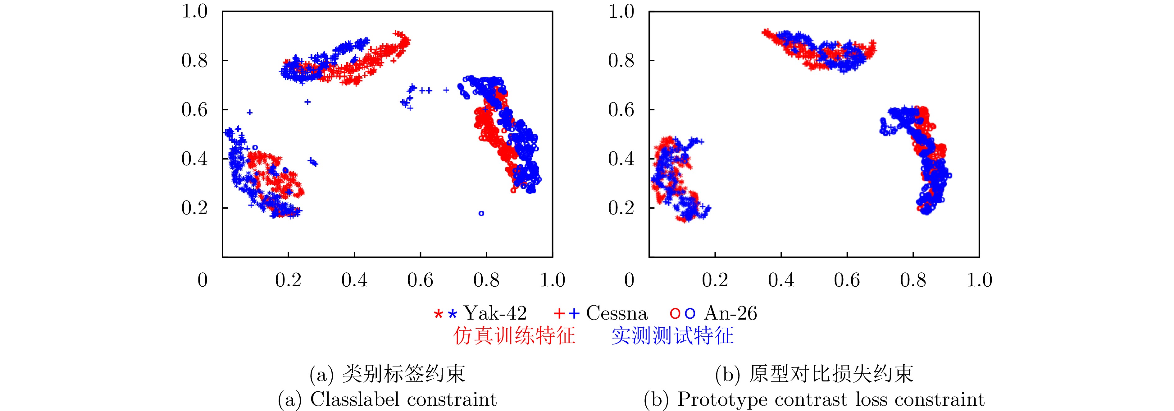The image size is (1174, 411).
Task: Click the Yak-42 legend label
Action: (495, 313)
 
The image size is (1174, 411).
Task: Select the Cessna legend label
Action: (617, 313)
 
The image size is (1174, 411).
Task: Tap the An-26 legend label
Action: (730, 313)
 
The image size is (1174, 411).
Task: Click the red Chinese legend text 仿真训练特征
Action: (514, 336)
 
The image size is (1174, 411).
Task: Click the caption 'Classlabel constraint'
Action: (403, 399)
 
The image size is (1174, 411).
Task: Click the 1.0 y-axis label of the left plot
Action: (195, 12)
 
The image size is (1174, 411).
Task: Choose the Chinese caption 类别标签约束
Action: (403, 374)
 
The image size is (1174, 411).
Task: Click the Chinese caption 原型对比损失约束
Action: (831, 374)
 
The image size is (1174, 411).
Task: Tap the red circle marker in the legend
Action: (675, 314)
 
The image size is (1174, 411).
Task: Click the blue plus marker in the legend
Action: (574, 314)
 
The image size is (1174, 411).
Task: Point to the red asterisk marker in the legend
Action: (438, 314)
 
